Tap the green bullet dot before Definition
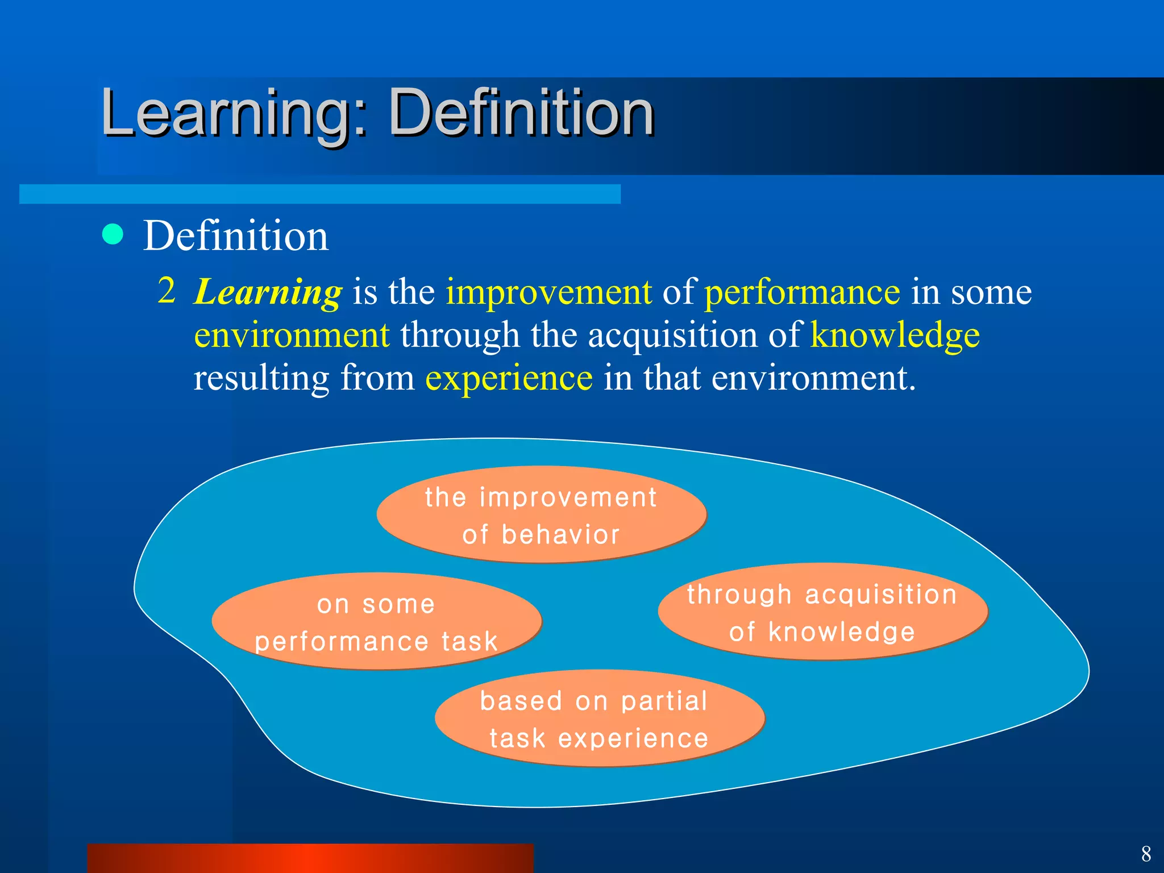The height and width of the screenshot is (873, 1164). click(113, 234)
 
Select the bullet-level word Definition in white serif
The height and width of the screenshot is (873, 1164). click(236, 236)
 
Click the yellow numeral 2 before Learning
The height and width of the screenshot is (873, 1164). click(166, 290)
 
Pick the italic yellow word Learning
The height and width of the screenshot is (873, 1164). click(268, 293)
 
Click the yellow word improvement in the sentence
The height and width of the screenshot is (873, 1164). click(548, 293)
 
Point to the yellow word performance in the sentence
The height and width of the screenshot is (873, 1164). click(802, 293)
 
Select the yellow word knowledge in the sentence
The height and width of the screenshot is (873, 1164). click(895, 335)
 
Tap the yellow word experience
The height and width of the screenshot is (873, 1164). click(509, 378)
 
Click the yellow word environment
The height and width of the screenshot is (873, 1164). click(292, 335)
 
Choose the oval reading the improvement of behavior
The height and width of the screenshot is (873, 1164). click(541, 515)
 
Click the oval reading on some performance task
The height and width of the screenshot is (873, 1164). click(376, 622)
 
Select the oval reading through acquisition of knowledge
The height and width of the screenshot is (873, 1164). click(822, 612)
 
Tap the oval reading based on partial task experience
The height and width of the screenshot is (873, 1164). click(599, 718)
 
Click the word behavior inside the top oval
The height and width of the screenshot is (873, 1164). click(560, 535)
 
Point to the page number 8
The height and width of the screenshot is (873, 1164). click(1146, 854)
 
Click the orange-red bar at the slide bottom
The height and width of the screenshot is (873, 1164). click(310, 858)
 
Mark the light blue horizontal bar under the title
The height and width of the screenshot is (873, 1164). click(319, 194)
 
